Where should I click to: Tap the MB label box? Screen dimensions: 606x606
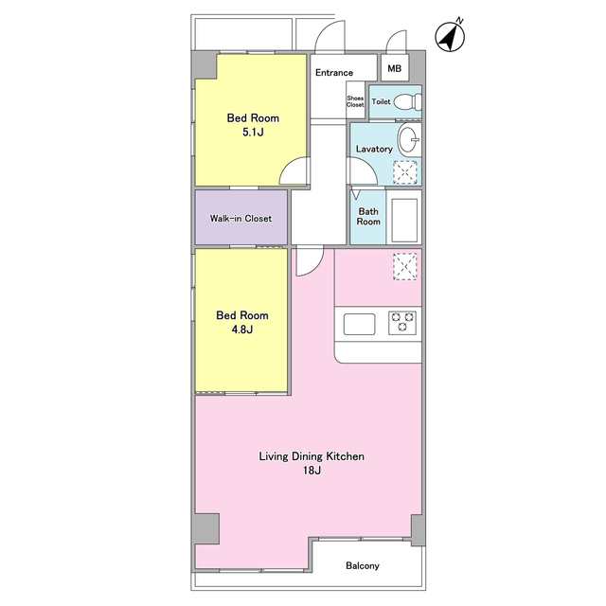[395, 68]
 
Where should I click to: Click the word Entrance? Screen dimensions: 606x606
[334, 73]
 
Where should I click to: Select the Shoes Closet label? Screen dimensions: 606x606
[355, 101]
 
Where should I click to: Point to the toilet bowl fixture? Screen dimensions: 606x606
[409, 102]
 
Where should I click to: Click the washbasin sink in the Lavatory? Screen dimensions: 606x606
[409, 139]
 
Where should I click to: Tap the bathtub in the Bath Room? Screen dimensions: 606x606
[404, 221]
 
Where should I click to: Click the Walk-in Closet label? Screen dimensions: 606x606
[241, 219]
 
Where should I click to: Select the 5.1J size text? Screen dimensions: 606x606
[253, 133]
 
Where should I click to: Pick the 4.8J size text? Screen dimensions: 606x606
[242, 330]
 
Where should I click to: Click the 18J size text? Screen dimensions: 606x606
[312, 471]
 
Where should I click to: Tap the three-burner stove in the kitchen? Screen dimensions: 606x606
[402, 323]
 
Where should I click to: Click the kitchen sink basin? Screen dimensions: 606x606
[360, 324]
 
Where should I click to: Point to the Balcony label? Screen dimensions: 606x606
[363, 566]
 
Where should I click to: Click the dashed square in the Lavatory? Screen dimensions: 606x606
[405, 172]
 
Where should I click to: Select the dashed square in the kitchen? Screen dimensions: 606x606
[405, 267]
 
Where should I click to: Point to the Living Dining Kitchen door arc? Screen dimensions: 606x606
[315, 268]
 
